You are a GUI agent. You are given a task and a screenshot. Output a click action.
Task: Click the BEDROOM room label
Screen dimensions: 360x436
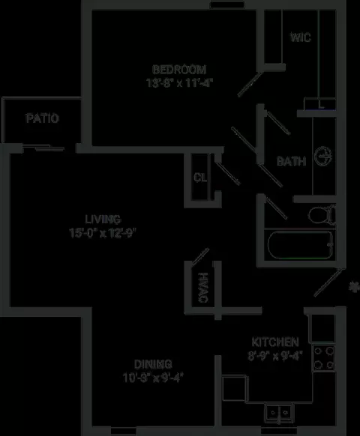[x=179, y=70]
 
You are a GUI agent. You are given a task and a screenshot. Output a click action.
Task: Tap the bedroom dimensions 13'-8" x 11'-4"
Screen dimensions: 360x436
[x=179, y=83]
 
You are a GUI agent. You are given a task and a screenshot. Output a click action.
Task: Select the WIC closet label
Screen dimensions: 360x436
[x=301, y=37]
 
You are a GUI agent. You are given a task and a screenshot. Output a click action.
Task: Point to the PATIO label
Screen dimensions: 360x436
[x=42, y=118]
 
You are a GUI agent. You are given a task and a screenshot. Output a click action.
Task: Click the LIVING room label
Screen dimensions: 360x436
[x=103, y=219]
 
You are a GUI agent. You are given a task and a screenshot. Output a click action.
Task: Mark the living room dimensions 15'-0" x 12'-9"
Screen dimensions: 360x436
[x=103, y=233]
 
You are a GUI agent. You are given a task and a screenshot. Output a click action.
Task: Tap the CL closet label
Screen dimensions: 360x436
[x=200, y=178]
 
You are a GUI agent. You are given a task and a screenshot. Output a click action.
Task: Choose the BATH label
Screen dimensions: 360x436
[x=292, y=161]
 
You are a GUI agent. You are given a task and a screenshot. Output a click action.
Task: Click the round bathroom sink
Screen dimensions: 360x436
[x=323, y=157]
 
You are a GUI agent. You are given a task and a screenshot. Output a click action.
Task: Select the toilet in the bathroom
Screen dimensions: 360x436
[x=322, y=214]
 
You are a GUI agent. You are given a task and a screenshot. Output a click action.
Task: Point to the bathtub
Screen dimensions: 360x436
[x=301, y=245]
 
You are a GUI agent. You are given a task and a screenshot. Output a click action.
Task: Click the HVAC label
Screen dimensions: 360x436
[x=203, y=288]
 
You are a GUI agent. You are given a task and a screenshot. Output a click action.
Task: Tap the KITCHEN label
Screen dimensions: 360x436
[x=275, y=342]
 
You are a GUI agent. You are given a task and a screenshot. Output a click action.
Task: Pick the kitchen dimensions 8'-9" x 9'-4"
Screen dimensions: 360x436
[x=275, y=356]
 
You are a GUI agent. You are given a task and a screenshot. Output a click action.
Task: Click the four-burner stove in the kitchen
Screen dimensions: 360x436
[x=323, y=358]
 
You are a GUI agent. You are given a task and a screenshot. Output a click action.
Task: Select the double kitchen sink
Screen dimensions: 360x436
[x=278, y=413]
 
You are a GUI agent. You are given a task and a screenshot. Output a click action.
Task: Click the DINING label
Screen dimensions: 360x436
[x=153, y=364]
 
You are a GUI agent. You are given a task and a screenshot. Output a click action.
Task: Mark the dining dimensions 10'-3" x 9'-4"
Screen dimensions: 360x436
[x=153, y=378]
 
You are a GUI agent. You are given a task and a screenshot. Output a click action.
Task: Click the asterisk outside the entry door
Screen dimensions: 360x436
[x=354, y=287]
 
